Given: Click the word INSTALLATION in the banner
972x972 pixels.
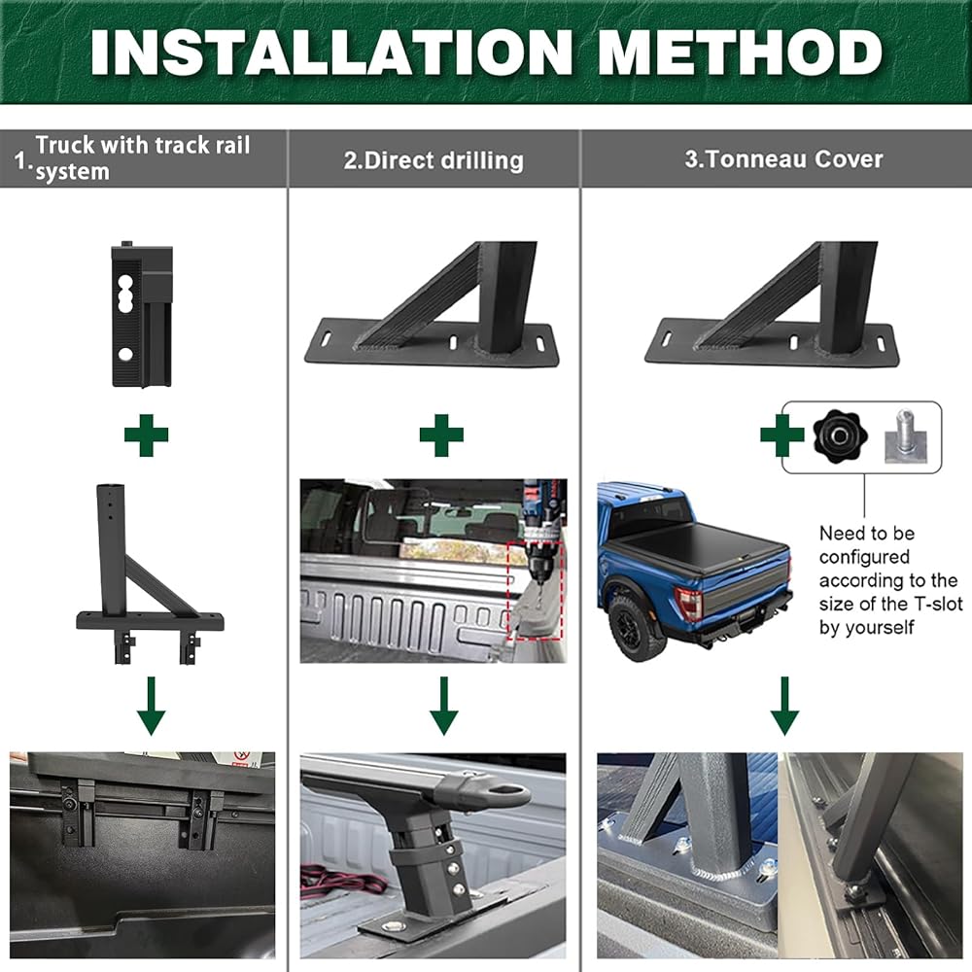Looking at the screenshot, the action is point(331,52).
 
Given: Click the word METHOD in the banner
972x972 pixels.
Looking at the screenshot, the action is point(740,52).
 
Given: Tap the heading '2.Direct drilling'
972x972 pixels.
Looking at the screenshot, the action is point(434,160).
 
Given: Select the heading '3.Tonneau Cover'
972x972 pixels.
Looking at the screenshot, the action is point(783,159).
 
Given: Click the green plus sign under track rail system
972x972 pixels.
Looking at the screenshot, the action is point(147,435).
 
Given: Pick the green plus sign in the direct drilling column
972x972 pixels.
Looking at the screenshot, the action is point(441,435).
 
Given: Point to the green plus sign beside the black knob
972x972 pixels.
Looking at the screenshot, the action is point(782,435).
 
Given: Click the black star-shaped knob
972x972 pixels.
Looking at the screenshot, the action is point(840,435).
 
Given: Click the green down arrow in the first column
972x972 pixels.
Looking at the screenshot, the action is point(152,706).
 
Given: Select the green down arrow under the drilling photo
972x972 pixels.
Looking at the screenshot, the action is point(444,706).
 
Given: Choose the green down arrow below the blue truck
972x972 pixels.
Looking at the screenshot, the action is point(784,706).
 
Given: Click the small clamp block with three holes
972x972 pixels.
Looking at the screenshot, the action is point(142,314).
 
